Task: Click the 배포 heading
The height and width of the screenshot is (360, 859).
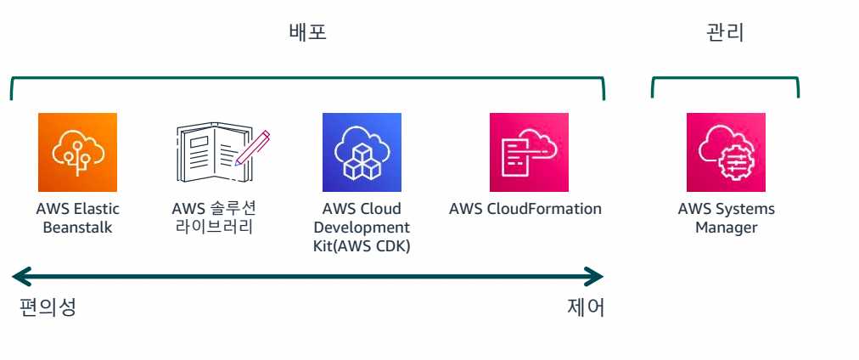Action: coord(307,33)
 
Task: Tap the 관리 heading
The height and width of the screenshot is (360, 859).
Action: coord(725,33)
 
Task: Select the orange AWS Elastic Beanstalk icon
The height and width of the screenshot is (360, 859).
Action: coord(77,152)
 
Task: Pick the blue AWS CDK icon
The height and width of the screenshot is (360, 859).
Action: coord(362,152)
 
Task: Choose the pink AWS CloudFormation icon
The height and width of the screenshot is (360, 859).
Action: coord(529,152)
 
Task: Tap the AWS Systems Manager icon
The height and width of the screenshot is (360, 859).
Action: coord(726,152)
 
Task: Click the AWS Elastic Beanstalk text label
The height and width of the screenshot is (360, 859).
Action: coord(77,218)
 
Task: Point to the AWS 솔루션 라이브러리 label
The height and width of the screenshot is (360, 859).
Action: coord(213,218)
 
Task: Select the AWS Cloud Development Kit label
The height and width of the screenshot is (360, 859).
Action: coord(362,228)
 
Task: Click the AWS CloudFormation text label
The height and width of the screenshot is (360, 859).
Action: coord(525,209)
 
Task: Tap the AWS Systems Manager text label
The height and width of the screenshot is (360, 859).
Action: coord(726,218)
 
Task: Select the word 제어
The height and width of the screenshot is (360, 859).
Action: coord(585,307)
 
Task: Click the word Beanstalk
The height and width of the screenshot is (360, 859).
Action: coord(77,228)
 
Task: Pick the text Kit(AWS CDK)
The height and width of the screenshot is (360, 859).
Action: coord(362,246)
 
